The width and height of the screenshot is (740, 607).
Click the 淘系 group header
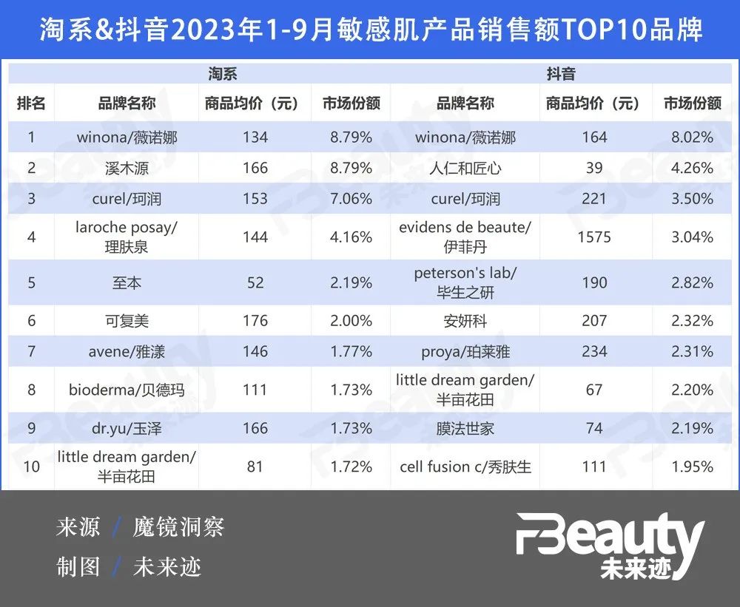pos(222,74)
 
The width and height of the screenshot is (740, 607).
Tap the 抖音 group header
pos(561,74)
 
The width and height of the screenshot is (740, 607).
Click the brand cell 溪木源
pos(127,168)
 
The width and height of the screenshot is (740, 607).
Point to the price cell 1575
pos(595,237)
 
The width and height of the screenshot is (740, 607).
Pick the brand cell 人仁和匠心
pos(465,168)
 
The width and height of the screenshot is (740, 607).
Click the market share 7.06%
pos(347,199)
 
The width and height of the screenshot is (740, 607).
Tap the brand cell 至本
pos(127,283)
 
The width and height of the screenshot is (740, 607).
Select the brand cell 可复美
pos(127,321)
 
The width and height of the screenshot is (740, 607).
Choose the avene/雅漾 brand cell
pos(127,351)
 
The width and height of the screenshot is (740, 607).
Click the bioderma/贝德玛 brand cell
pos(127,390)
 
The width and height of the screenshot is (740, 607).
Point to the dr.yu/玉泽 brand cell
pos(127,428)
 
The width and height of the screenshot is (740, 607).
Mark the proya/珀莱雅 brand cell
pos(465,351)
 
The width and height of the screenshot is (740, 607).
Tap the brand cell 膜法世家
pos(465,428)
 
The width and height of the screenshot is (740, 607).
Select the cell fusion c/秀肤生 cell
pos(465,467)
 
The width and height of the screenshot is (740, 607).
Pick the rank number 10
pos(31,467)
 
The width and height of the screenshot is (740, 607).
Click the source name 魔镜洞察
pos(178,528)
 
